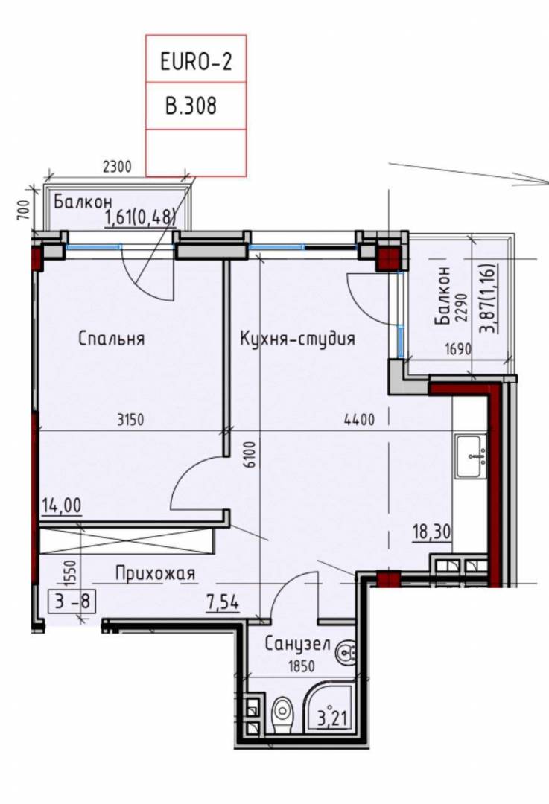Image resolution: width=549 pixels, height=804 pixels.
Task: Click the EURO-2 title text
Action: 196,62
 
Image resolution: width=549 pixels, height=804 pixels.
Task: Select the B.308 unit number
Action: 191,106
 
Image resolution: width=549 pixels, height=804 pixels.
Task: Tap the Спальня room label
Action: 111,339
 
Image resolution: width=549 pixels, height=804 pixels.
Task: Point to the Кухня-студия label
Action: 297,339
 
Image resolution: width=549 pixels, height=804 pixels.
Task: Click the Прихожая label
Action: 156,573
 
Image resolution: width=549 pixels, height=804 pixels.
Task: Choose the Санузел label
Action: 297,644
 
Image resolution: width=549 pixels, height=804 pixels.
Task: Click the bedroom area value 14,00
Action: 62,505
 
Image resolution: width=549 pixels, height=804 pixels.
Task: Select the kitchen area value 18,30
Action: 432,532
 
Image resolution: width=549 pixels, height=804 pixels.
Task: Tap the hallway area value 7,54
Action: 223,602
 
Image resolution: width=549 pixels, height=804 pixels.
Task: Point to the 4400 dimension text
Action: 359,420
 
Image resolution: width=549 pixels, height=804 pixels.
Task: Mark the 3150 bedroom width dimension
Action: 131,420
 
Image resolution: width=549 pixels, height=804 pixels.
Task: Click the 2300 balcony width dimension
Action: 118,167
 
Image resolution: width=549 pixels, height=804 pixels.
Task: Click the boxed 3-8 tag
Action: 72,601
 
